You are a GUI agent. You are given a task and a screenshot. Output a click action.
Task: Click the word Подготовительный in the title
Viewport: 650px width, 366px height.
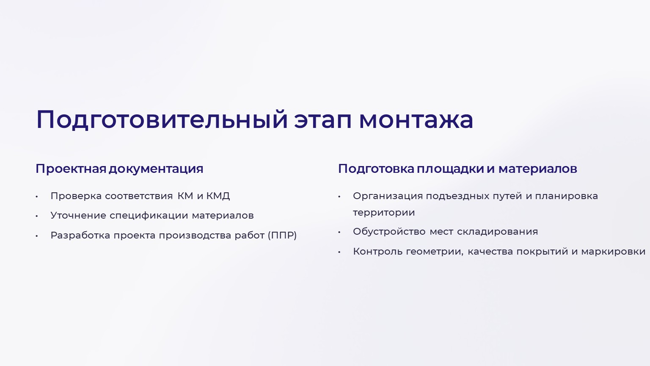(162, 120)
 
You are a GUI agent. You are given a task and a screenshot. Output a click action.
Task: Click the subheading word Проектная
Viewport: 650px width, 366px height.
(71, 169)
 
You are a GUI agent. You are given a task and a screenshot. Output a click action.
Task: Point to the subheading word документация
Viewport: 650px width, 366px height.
(156, 169)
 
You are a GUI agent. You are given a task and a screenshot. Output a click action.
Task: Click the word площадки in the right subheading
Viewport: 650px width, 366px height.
(450, 169)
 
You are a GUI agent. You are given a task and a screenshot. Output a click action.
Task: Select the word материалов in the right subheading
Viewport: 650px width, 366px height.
(538, 169)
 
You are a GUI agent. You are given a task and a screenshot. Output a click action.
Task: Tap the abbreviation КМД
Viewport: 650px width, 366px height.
(218, 196)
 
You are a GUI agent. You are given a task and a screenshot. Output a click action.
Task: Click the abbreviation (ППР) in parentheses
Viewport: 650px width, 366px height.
(282, 235)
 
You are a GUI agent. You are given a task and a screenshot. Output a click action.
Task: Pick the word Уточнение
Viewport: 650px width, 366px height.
(78, 216)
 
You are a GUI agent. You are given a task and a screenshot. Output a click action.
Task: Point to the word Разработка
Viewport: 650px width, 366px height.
(80, 236)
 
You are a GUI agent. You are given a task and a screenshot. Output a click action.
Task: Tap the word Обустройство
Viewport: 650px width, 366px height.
(389, 232)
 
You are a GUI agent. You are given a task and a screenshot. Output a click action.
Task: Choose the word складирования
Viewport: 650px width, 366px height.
(497, 232)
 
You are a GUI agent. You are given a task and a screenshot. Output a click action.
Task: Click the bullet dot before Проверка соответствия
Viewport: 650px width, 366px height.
(37, 197)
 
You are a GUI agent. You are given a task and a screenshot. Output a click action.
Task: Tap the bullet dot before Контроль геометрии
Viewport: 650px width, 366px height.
(339, 252)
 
